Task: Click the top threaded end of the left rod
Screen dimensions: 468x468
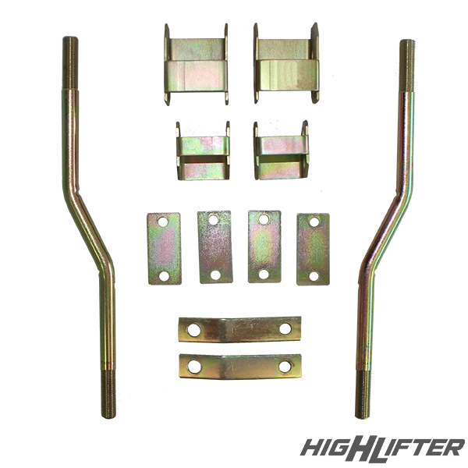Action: click(x=70, y=62)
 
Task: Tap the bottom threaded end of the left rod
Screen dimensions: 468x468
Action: click(x=108, y=395)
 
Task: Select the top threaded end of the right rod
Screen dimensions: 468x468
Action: click(x=407, y=66)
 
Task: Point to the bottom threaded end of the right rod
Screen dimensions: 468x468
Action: click(x=363, y=395)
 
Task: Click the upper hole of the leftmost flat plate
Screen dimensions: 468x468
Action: click(x=163, y=222)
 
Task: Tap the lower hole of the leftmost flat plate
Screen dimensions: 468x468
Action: click(x=164, y=276)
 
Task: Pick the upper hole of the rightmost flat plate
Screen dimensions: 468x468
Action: click(x=314, y=222)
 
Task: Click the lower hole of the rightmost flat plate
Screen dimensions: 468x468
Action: click(x=314, y=276)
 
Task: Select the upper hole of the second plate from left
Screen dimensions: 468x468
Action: click(x=214, y=220)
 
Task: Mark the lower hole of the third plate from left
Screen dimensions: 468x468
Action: click(x=264, y=274)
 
